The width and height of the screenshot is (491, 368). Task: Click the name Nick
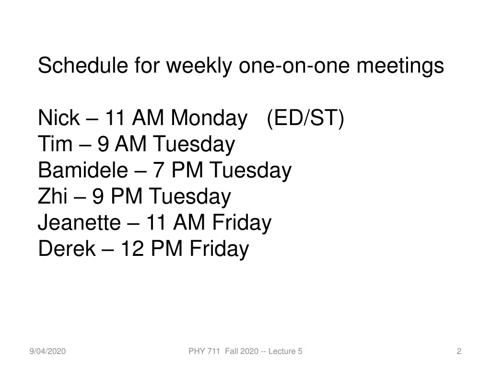pos(58,118)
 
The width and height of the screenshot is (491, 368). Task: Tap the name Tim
pos(54,144)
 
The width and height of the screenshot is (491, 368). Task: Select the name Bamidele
pos(83,171)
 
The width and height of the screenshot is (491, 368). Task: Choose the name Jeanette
pos(79,223)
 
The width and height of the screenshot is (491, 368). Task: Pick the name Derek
pos(66,249)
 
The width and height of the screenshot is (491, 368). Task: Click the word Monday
pos(207,118)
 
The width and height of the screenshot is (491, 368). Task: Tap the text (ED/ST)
pos(305,118)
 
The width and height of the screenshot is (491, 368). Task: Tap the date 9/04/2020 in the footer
pos(47,352)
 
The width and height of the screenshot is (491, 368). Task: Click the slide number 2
pos(459,352)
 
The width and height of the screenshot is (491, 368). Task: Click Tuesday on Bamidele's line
pos(250,171)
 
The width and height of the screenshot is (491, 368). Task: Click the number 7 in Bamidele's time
pos(158,171)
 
